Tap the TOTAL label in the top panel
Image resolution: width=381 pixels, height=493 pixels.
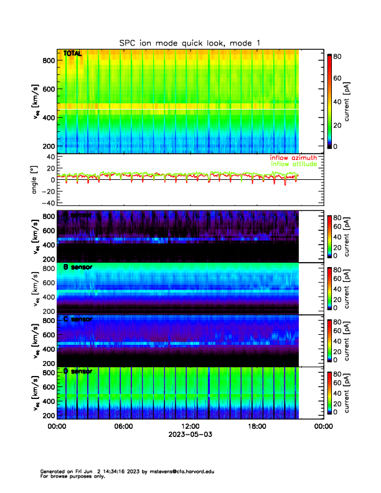(x=72, y=54)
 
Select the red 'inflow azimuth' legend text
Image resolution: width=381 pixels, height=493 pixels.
(x=294, y=157)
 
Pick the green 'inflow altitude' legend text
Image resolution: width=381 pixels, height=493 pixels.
(x=294, y=164)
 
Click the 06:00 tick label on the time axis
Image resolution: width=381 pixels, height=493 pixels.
(x=123, y=426)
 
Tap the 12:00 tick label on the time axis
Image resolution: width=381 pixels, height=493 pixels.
(x=190, y=426)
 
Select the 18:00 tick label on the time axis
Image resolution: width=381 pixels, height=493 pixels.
(x=256, y=426)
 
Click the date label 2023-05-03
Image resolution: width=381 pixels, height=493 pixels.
(x=190, y=434)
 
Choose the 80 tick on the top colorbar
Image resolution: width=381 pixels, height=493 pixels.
(x=339, y=55)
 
